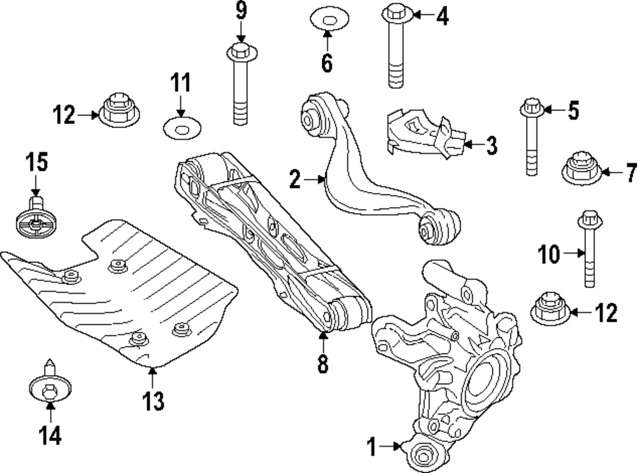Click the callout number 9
[240, 10]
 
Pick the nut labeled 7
[580, 169]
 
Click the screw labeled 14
[47, 386]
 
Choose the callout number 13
[153, 402]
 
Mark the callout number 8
[322, 363]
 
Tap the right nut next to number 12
[548, 310]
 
